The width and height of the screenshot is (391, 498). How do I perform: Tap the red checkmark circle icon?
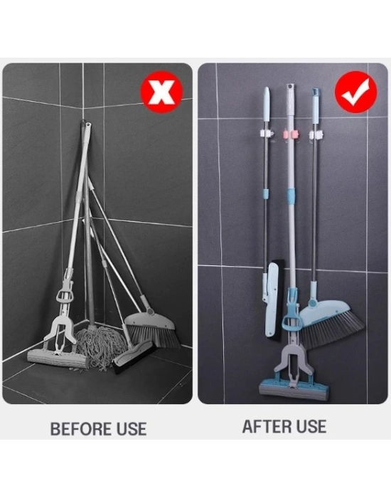356,95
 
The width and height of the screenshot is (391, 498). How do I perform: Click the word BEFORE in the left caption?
76,429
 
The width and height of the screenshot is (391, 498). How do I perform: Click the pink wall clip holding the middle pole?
290,133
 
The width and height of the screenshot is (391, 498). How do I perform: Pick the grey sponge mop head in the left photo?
58,359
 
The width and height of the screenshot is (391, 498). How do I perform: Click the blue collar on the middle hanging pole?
291,196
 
